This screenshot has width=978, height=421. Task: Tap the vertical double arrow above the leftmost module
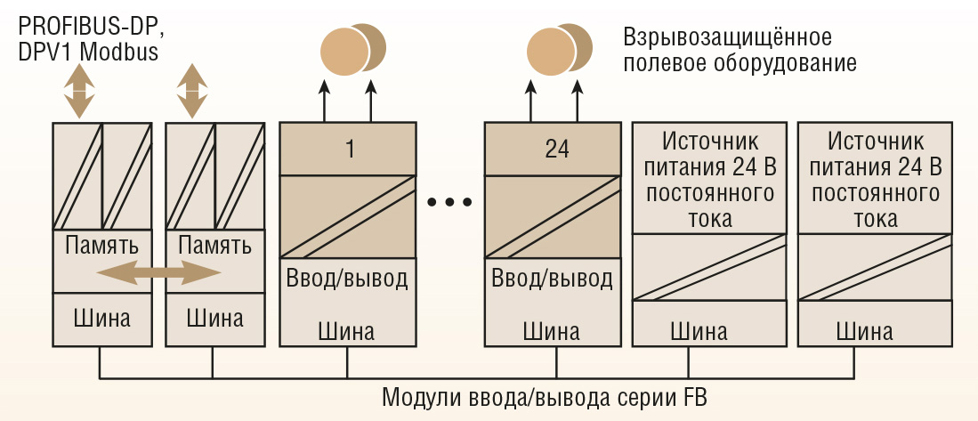[79, 89]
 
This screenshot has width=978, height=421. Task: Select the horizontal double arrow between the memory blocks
[158, 273]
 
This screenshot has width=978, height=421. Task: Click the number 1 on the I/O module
[350, 149]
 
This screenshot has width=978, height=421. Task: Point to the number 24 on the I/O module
[556, 149]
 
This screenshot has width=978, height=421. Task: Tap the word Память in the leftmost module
[101, 244]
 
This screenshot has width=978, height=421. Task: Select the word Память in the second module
[214, 244]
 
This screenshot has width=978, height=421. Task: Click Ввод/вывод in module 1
[347, 279]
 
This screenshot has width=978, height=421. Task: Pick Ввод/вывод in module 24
[553, 279]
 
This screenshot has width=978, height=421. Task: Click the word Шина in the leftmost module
[101, 318]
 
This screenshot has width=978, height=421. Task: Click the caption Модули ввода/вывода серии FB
[544, 395]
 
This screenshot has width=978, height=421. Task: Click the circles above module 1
[352, 49]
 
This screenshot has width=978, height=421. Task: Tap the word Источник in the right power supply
[875, 142]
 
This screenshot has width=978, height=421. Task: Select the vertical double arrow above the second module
[190, 89]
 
